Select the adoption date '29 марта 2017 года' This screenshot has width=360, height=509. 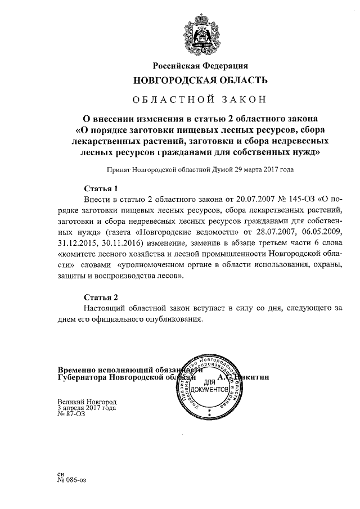pyautogui.click(x=263, y=169)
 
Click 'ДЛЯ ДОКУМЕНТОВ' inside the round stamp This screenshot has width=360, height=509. pyautogui.click(x=209, y=386)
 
